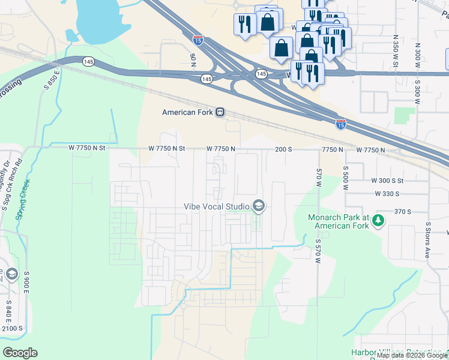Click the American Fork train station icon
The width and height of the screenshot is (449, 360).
click(220, 112)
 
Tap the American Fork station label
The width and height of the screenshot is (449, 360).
click(188, 112)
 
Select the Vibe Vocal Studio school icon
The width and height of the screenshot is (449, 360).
click(259, 206)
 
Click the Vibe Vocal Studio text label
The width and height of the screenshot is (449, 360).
click(217, 207)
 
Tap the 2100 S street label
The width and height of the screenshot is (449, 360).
click(11, 328)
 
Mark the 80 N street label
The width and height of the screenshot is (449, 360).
click(193, 60)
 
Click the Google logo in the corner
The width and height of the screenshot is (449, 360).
click(20, 352)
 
